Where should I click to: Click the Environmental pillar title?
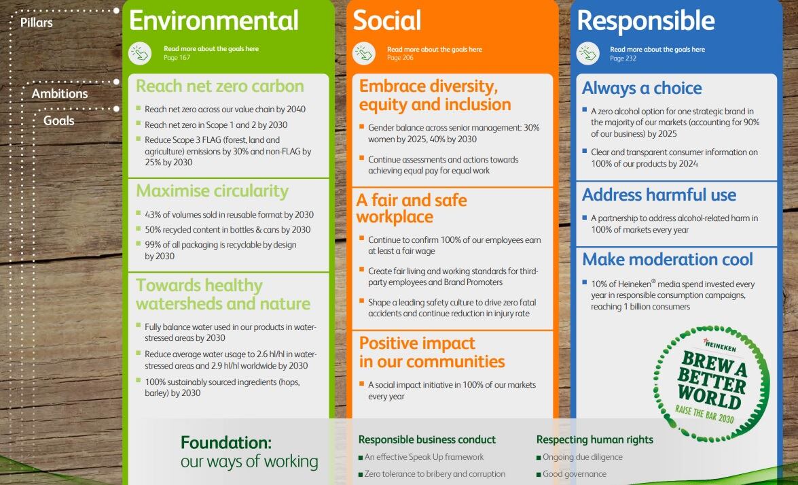214,20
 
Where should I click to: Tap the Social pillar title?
387,20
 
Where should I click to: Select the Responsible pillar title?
646,21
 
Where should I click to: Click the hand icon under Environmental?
140,53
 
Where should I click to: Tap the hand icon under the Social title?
364,54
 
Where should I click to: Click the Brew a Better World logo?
711,384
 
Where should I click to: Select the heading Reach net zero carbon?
220,86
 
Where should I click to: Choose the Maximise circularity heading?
212,190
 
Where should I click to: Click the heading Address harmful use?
659,195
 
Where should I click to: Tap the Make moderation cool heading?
667,259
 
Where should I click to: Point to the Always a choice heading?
642,88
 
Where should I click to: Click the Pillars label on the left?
37,22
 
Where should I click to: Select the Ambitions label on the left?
60,93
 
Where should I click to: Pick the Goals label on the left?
58,120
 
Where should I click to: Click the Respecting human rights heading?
594,439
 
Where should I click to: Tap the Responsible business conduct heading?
427,439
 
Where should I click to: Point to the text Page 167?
177,58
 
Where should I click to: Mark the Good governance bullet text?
574,474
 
